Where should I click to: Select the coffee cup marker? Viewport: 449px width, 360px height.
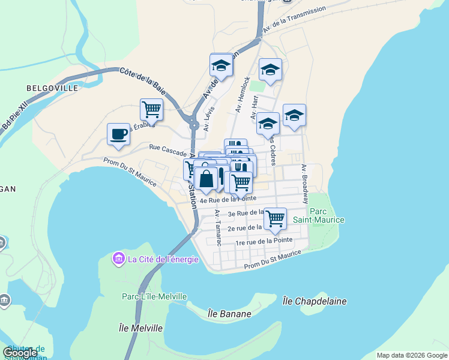118,134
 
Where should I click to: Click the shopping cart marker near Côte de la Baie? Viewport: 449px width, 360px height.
151,110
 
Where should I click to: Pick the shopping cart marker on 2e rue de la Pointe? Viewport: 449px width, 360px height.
275,218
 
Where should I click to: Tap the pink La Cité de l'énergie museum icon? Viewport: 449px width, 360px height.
118,259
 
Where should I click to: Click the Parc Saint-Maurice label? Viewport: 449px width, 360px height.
327,215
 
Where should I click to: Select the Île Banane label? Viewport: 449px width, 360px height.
229,313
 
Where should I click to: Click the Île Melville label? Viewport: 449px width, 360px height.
141,328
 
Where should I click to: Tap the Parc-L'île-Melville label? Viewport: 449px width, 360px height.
154,296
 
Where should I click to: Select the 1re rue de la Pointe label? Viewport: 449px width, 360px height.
264,241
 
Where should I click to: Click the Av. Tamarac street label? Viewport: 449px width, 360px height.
218,228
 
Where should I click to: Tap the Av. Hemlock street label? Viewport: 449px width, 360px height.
243,94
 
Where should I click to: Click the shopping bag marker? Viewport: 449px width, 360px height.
206,179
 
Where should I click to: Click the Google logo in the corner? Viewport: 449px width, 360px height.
20,353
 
